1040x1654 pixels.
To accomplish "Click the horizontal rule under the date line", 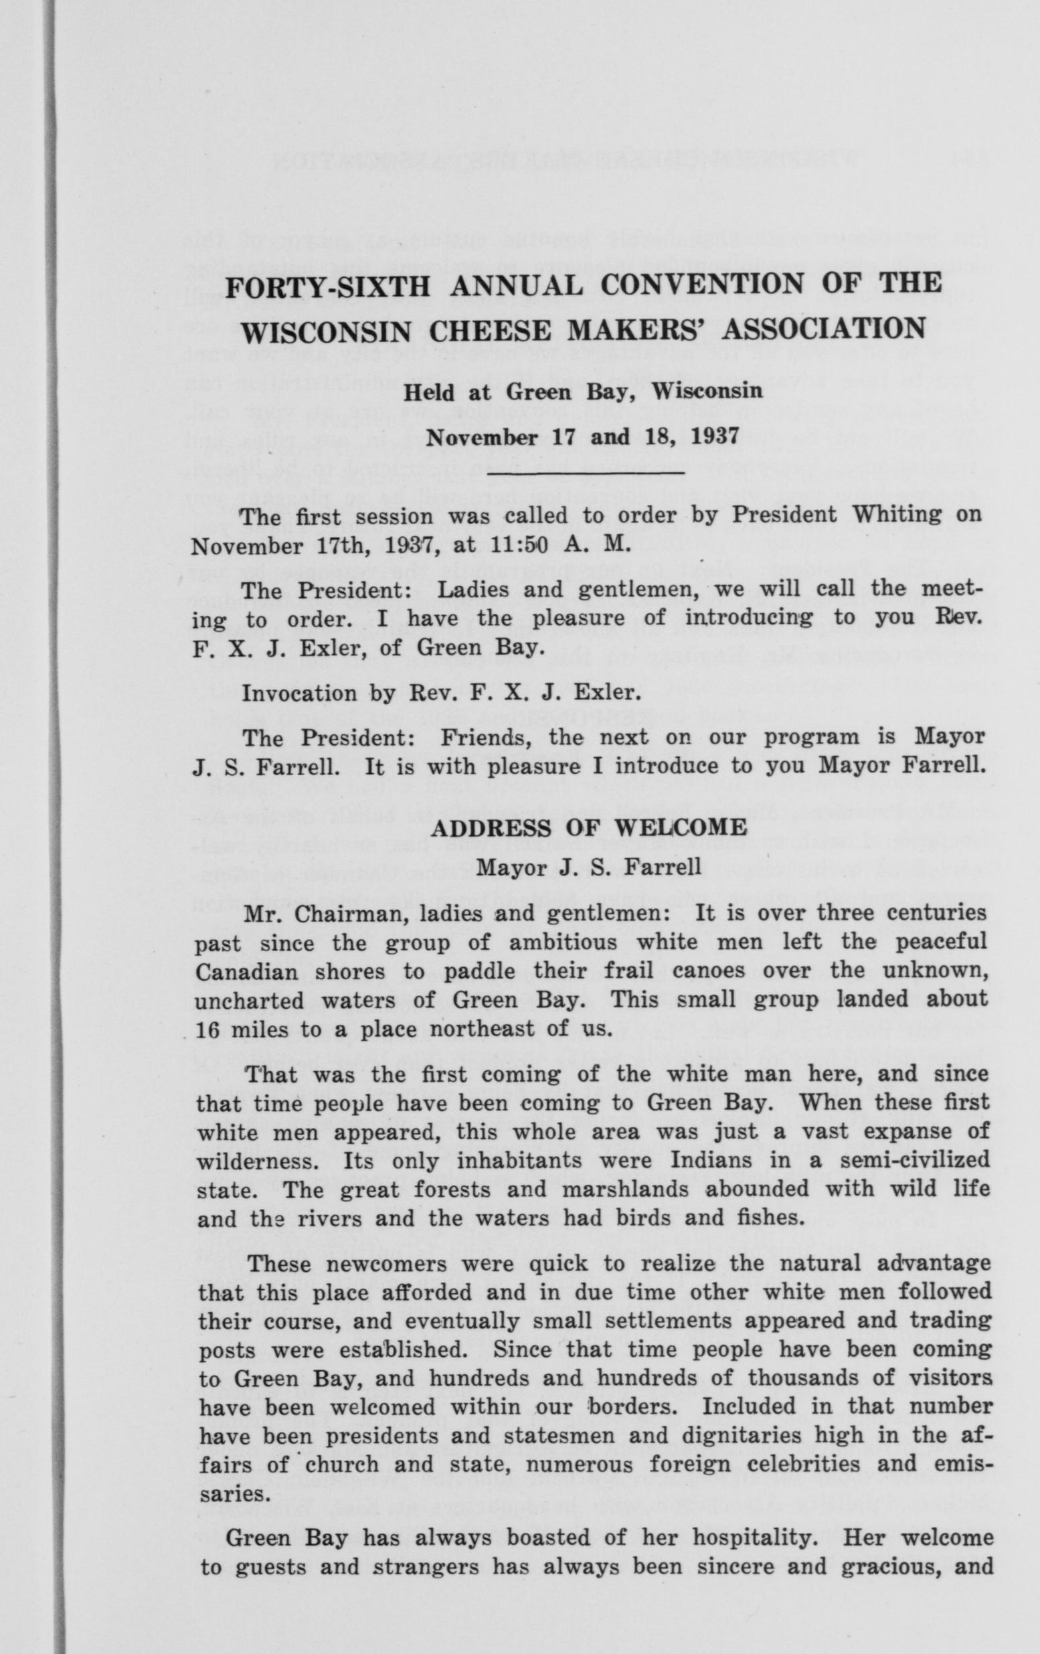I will tap(586, 473).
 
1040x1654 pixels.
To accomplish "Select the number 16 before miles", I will tap(207, 1030).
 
